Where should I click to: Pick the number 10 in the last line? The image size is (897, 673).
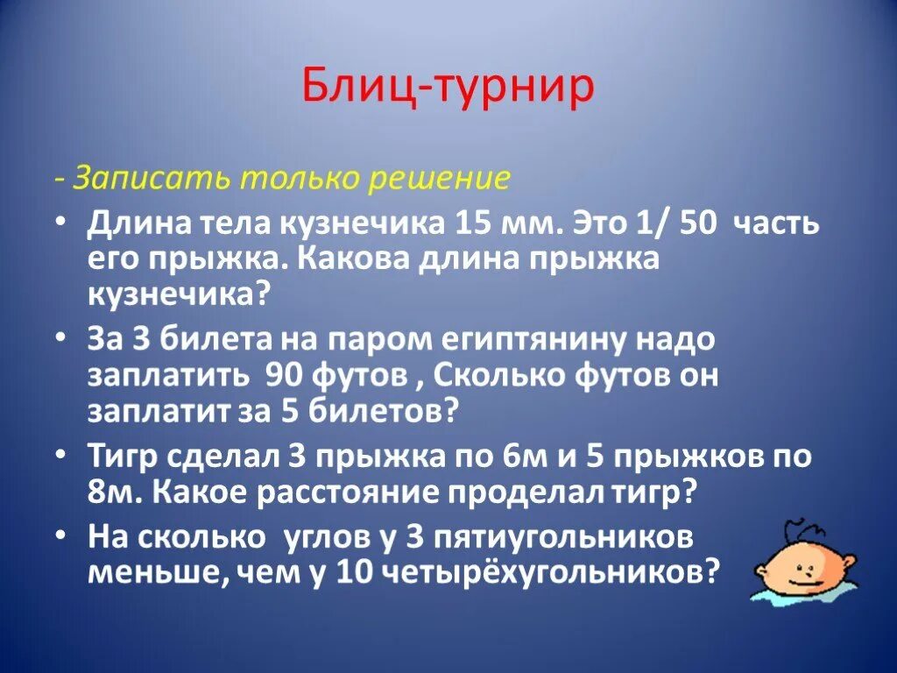tap(355, 572)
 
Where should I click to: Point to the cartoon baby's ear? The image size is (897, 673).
tap(851, 562)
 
